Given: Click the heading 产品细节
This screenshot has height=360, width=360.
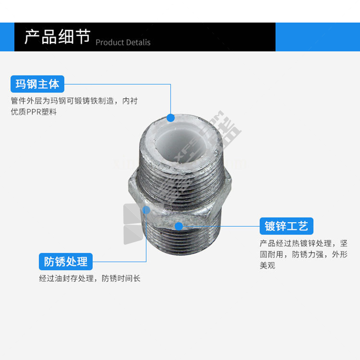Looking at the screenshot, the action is pyautogui.click(x=58, y=37).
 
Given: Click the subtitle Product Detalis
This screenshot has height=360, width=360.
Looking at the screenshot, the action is pyautogui.click(x=123, y=42).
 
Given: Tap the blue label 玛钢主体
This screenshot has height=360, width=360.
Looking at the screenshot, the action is pyautogui.click(x=37, y=84).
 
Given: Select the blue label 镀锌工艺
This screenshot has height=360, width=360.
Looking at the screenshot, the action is pyautogui.click(x=286, y=226).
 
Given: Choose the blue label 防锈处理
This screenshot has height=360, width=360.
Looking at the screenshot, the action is pyautogui.click(x=66, y=261).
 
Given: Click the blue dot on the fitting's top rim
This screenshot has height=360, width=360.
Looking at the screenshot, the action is pyautogui.click(x=171, y=118).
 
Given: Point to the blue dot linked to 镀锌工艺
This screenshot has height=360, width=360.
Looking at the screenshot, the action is pyautogui.click(x=179, y=226).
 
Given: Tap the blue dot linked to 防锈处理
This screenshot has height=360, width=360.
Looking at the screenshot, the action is pyautogui.click(x=146, y=210).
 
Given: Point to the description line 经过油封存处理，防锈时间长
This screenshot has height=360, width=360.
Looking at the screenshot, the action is pyautogui.click(x=90, y=279).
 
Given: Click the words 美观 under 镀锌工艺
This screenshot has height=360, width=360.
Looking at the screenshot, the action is pyautogui.click(x=267, y=265).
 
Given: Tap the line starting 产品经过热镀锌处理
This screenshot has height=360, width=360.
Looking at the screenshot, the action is pyautogui.click(x=303, y=243).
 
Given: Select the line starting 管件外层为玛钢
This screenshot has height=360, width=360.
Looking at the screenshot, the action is pyautogui.click(x=74, y=101).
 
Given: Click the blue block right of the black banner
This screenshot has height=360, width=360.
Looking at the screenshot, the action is pyautogui.click(x=318, y=37).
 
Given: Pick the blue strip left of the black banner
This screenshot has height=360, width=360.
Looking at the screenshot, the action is pyautogui.click(x=7, y=37).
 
